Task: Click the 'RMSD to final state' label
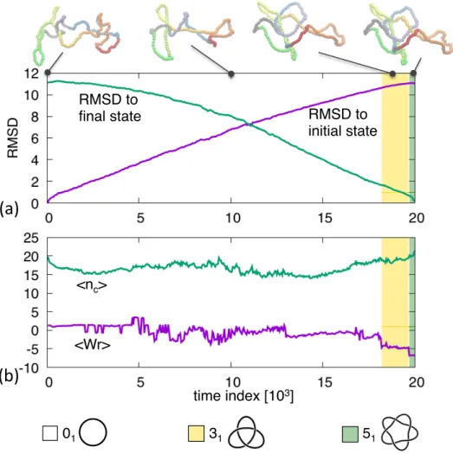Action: (110, 108)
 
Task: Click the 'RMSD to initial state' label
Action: (342, 123)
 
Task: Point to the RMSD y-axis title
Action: (12, 138)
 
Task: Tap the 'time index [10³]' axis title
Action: (243, 396)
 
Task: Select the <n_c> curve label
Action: (92, 285)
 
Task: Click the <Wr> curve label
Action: (93, 345)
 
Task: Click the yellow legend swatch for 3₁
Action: (196, 433)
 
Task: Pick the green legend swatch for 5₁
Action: (350, 434)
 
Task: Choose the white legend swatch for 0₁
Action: (50, 433)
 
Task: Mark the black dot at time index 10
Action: (231, 74)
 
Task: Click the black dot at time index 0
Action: (48, 73)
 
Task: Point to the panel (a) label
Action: (9, 208)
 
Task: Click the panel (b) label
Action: (9, 377)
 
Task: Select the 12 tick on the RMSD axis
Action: (31, 74)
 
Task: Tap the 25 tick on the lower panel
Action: (31, 238)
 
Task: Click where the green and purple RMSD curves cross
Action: (249, 125)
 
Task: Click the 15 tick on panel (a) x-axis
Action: (325, 218)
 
